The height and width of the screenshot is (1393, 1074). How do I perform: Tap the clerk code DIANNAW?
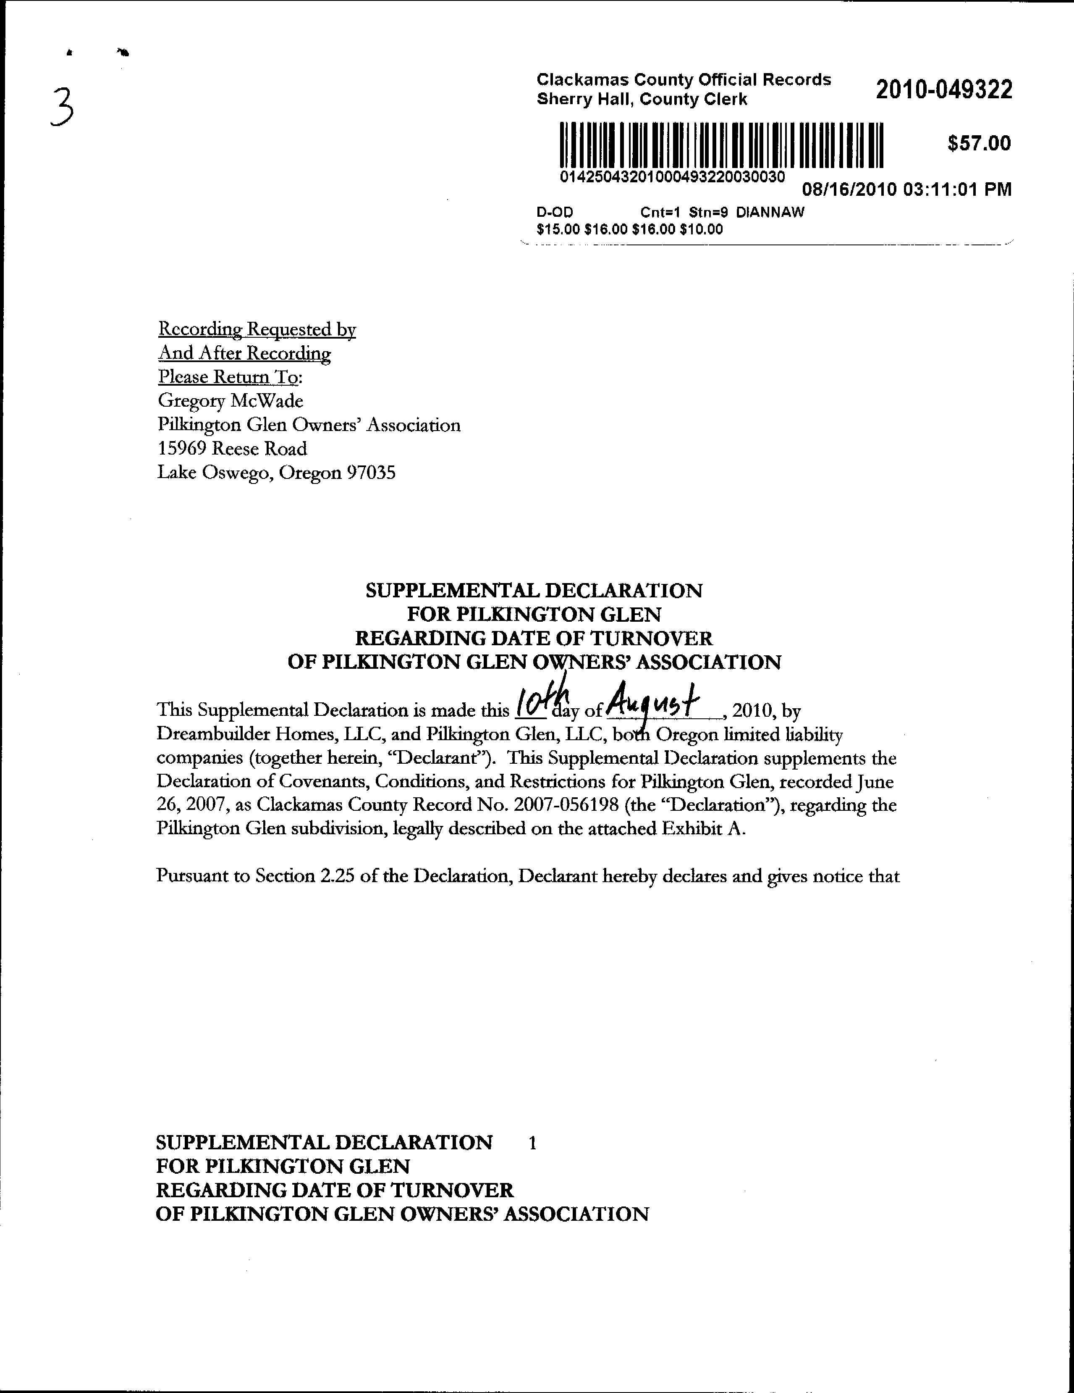[x=770, y=213]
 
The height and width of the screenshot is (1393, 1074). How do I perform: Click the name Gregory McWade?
[x=230, y=401]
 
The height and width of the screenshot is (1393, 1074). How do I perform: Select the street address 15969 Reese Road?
[x=232, y=449]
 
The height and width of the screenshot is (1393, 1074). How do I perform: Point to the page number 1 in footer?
[x=532, y=1142]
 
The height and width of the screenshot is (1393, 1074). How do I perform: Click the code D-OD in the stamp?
[x=555, y=213]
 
